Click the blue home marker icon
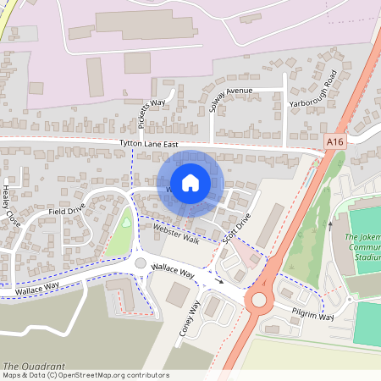pyautogui.click(x=190, y=182)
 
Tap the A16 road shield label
pyautogui.click(x=336, y=146)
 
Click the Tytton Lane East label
pyautogui.click(x=148, y=145)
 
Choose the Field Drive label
pyautogui.click(x=67, y=210)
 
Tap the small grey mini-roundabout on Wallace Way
pyautogui.click(x=141, y=263)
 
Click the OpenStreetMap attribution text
pyautogui.click(x=85, y=375)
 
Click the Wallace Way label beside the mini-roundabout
pyautogui.click(x=173, y=272)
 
